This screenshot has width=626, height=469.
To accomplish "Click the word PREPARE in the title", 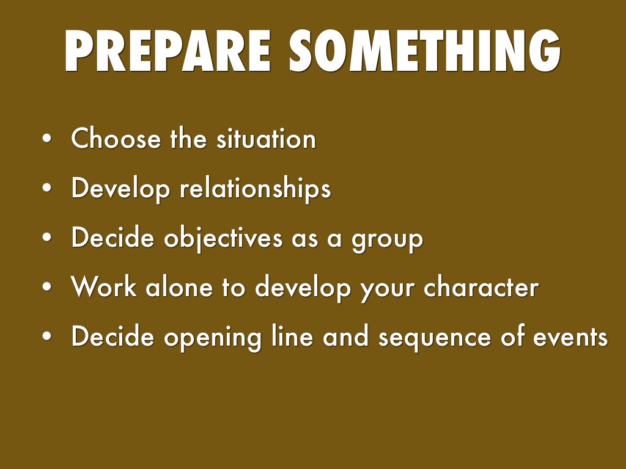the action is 168,51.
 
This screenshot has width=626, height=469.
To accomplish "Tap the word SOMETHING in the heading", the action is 425,51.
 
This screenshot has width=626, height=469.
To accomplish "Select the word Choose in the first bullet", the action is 116,139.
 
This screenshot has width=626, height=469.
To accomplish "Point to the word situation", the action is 267,139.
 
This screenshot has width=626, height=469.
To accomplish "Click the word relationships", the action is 256,188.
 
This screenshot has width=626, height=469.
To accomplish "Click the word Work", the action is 104,287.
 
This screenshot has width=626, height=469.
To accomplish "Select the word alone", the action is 179,287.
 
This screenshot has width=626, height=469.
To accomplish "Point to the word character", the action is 482,287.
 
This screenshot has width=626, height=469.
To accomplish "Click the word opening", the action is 213,337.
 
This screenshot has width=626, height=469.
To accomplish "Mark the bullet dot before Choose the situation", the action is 47,139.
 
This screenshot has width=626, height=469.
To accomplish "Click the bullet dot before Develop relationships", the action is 47,188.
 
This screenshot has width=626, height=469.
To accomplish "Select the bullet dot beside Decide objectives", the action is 47,238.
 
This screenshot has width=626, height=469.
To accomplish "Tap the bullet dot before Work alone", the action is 47,287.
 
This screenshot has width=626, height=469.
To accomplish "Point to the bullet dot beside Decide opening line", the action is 47,336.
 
